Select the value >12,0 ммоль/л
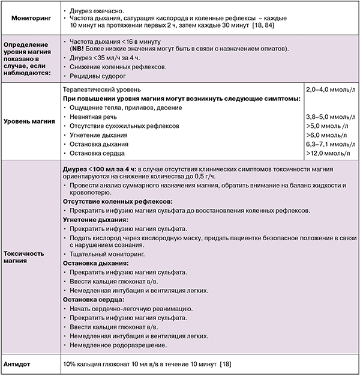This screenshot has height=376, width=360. tap(329, 154)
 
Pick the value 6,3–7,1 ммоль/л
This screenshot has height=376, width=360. tap(329, 145)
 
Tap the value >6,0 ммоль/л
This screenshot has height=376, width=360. tap(325, 135)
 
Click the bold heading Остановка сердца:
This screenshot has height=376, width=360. tap(94, 299)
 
